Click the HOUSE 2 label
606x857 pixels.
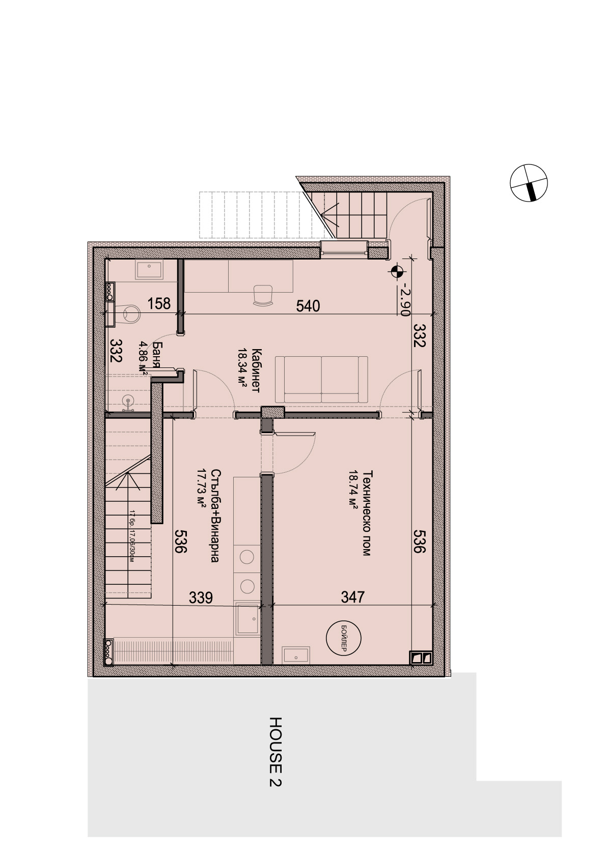pos(276,752)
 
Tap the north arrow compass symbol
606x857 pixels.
pos(529,183)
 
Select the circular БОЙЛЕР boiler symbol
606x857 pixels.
pos(343,638)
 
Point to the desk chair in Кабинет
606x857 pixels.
pos(263,295)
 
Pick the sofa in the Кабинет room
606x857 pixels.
pos(321,380)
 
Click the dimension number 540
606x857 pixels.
pos(308,306)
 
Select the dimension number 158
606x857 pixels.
pos(159,304)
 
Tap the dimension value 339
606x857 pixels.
pos(201,597)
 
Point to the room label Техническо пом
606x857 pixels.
pos(366,512)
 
